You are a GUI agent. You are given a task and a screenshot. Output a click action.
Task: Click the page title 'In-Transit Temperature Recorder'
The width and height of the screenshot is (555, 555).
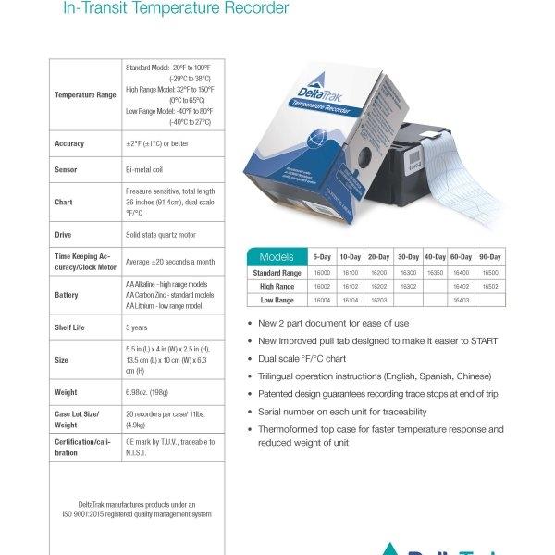(x=176, y=10)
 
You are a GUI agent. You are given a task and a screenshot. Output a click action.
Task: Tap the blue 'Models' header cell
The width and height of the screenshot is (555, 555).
(x=277, y=256)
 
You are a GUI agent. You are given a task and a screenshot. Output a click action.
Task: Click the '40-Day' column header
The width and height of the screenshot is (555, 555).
(x=434, y=256)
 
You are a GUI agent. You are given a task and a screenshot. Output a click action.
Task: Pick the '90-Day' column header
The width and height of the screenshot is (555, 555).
(x=489, y=256)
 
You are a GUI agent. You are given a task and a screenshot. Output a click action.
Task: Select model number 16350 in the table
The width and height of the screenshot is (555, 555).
(x=434, y=273)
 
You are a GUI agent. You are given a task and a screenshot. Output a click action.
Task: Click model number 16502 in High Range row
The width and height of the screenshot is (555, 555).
(x=489, y=287)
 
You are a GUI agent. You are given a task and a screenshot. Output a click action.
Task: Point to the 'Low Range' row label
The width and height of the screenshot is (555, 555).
(x=277, y=301)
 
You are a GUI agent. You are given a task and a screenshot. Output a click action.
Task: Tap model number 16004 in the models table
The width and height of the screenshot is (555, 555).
(x=322, y=301)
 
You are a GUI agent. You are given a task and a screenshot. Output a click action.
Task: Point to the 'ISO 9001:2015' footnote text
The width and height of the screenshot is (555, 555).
(x=137, y=513)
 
